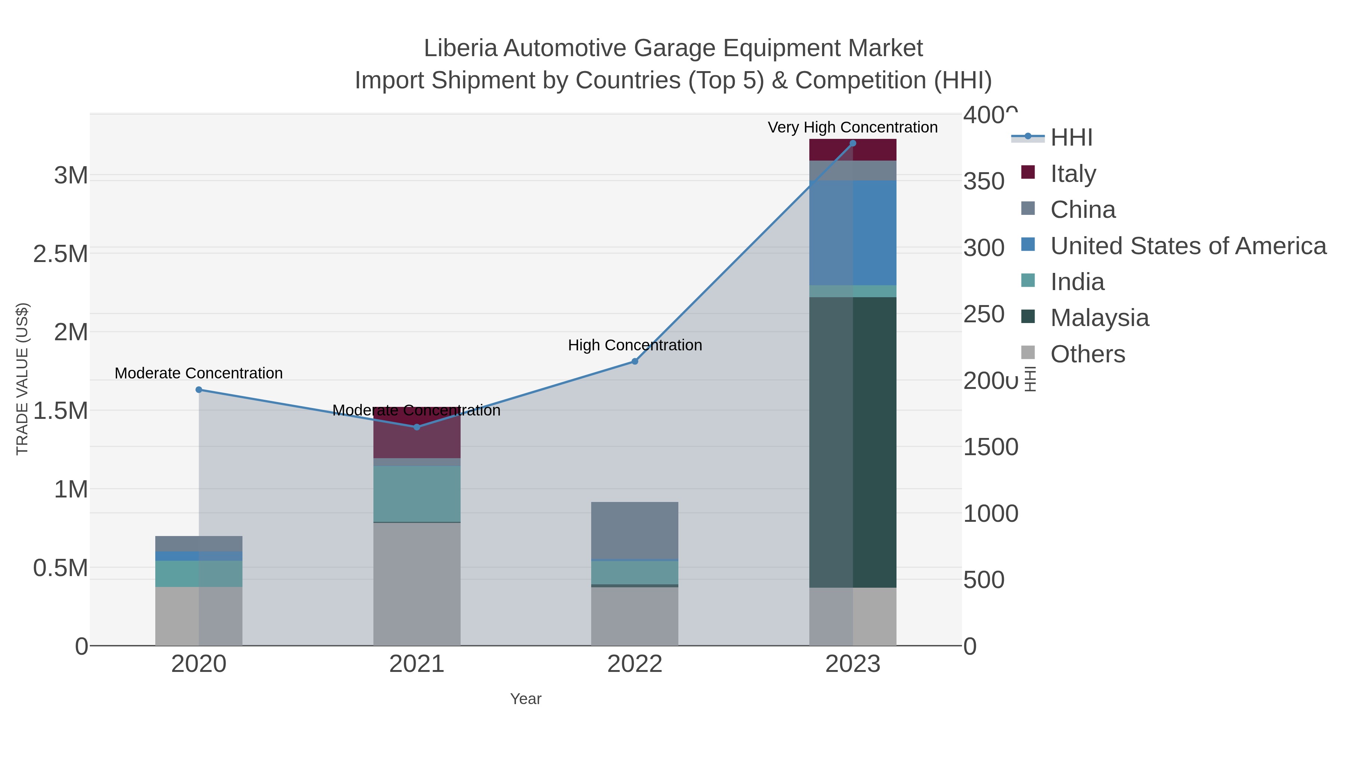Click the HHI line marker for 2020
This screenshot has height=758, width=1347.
199,390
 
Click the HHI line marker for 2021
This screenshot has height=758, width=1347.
417,427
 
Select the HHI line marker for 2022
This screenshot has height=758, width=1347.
635,362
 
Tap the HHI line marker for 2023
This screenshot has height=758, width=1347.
853,143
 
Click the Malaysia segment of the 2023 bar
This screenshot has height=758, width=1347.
853,442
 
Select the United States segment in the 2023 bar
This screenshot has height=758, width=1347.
853,233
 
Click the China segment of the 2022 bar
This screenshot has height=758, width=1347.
635,530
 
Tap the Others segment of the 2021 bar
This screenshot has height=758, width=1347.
417,583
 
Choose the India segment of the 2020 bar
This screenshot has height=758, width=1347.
199,574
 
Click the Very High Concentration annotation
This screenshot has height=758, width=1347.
852,127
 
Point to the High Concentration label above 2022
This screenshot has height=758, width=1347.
635,345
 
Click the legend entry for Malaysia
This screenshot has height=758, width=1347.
1100,317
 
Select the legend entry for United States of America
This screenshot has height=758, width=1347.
1188,246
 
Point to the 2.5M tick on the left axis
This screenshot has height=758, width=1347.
61,254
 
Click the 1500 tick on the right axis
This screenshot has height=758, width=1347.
990,447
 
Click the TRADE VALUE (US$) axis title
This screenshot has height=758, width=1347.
22,379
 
